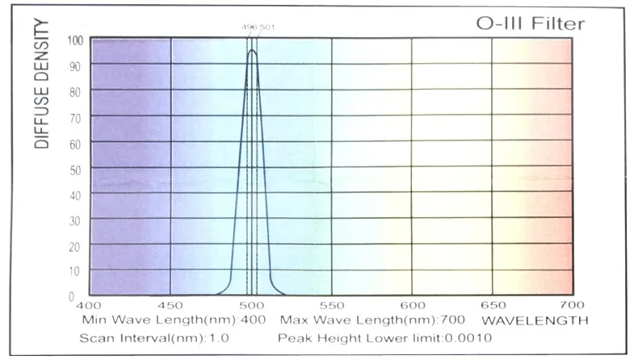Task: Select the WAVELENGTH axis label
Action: pos(539,320)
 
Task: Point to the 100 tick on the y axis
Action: pos(74,40)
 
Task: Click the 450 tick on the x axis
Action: pos(170,305)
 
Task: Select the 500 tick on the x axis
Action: pos(252,305)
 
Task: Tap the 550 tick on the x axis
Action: pos(332,305)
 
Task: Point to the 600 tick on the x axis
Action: pos(413,305)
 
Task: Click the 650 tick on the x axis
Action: pos(493,305)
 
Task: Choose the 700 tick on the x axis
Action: pos(572,305)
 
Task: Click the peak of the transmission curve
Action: pos(252,51)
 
